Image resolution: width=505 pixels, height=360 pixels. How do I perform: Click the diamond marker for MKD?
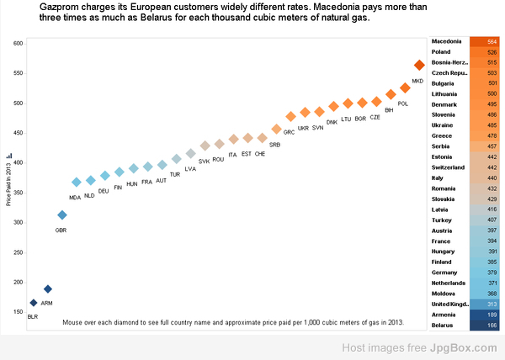click(419, 65)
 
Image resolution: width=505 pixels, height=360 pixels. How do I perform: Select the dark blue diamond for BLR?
click(34, 303)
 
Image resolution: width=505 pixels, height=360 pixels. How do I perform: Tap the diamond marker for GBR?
click(61, 215)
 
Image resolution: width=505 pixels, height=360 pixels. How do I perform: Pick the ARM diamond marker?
click(48, 289)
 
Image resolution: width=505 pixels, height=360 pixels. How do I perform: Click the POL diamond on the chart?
click(405, 87)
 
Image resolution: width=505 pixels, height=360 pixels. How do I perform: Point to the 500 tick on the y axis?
click(17, 103)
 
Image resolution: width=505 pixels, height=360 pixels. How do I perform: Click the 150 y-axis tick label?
click(17, 312)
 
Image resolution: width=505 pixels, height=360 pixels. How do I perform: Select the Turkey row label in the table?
click(443, 220)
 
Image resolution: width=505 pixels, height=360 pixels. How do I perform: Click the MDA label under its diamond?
click(75, 198)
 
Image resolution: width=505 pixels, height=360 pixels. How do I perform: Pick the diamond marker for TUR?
click(176, 159)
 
